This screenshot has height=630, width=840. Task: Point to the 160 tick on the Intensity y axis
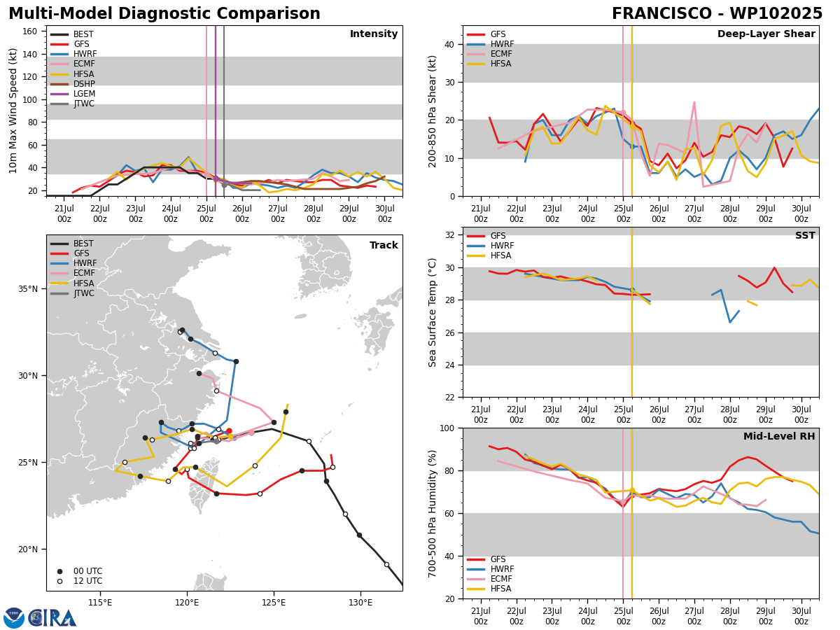click(x=30, y=31)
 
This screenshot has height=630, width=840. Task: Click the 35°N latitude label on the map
click(x=28, y=289)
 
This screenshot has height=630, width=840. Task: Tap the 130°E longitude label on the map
click(x=360, y=603)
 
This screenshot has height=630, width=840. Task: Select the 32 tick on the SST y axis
click(x=450, y=235)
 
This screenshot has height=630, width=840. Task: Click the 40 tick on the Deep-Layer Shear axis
click(x=450, y=44)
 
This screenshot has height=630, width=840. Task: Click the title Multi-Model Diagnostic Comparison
click(x=164, y=13)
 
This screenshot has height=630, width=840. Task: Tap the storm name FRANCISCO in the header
click(x=661, y=13)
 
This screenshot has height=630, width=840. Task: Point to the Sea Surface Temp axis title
click(x=432, y=312)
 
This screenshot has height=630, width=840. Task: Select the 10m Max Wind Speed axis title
click(x=13, y=111)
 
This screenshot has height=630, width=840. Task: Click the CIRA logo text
click(x=52, y=618)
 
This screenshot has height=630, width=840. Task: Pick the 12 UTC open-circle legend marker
click(x=59, y=581)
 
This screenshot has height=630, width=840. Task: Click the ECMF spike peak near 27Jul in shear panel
click(x=694, y=101)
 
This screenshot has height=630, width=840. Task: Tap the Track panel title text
click(x=384, y=245)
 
